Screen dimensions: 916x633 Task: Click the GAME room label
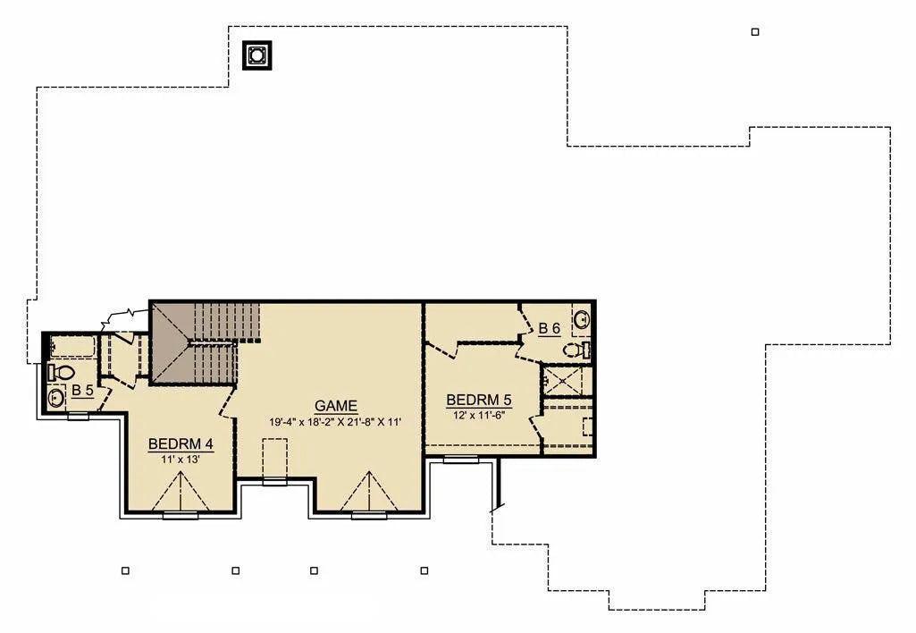tap(335, 406)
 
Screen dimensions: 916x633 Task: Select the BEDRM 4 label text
tap(181, 444)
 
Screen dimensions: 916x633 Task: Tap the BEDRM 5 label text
tap(478, 401)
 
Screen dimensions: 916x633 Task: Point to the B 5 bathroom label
tap(82, 391)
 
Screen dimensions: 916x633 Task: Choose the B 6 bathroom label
tap(549, 328)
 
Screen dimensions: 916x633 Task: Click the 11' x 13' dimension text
tap(181, 460)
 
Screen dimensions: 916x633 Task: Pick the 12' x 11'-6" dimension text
tap(478, 416)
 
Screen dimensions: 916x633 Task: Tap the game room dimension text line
tap(335, 421)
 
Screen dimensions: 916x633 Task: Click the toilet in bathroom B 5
tap(61, 372)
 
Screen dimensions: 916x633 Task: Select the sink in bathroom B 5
tap(56, 399)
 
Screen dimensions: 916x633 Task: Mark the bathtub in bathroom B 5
tap(72, 347)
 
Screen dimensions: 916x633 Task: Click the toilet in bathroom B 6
tap(577, 350)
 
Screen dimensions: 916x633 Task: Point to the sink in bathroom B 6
tap(582, 320)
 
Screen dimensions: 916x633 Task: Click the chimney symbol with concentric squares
tap(257, 55)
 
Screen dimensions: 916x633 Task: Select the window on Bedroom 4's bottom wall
tap(181, 516)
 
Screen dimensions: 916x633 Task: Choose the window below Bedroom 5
tap(461, 460)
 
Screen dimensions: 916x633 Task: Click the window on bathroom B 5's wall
tap(79, 417)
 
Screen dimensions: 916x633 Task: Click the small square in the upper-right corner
tap(755, 32)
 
